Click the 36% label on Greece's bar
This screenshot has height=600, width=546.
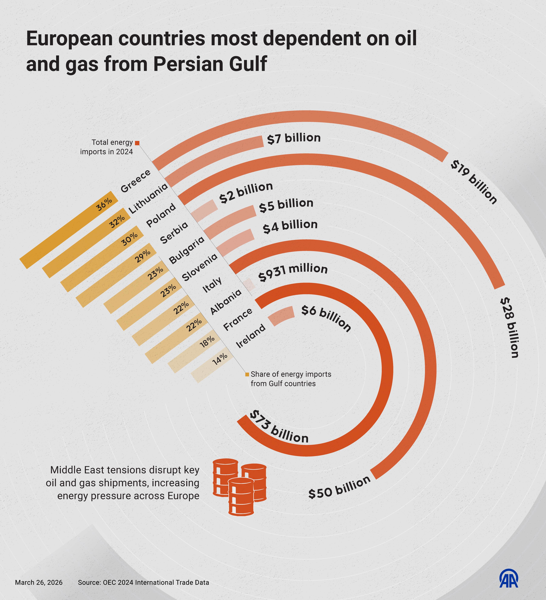pos(104,204)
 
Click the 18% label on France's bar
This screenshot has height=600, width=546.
pos(207,342)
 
